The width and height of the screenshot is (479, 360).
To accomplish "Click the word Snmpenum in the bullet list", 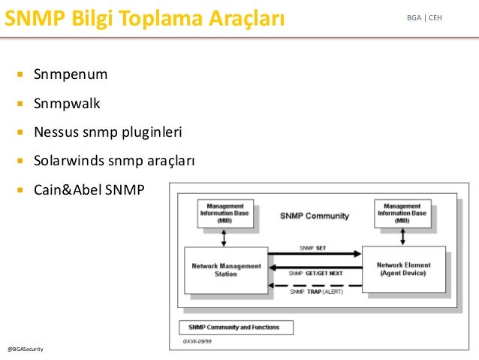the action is pos(71,74).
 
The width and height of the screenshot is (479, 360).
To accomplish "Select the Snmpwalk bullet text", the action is pos(67,104).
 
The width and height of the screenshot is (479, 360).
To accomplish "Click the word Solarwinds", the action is pos(69,161).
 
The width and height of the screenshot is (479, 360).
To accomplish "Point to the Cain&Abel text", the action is pos(68,189).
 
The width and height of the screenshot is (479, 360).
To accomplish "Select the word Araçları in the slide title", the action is pos(247,19).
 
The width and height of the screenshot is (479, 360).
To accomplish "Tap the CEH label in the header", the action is pos(435,18).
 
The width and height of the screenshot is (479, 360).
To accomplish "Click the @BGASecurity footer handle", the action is pos(26,349).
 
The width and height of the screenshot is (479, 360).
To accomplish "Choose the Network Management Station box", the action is pos(226,271).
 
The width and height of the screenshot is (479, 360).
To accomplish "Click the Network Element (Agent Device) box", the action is pos(403,269).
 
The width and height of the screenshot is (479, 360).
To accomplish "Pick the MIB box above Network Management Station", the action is pos(225,213).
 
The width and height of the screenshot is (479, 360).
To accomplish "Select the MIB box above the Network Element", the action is pos(402,213).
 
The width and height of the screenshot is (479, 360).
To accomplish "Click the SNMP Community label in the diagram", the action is pos(315,216).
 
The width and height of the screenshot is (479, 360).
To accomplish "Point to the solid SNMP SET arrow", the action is pos(315,253).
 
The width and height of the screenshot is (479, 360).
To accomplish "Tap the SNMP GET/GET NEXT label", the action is pos(315,274).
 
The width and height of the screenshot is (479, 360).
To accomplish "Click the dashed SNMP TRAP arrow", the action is pos(315,286).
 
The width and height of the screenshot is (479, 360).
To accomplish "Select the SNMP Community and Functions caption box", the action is pos(236,328).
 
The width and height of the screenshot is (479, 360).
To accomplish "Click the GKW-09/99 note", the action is pos(197,341).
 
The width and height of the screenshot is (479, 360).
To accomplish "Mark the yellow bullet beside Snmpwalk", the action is pos(20,104).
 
